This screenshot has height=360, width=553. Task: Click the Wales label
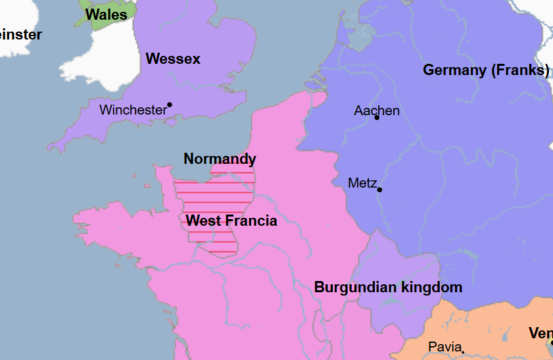[106, 14]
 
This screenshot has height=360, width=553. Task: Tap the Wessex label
[173, 59]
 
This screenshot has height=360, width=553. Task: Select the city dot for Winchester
[170, 105]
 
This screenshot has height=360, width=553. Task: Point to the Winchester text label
[132, 110]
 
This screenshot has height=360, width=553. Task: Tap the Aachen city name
[377, 111]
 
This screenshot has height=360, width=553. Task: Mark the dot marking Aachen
[377, 118]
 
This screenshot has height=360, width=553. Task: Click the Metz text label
[362, 183]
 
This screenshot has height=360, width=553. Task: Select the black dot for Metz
[379, 190]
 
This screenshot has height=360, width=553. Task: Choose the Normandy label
[220, 159]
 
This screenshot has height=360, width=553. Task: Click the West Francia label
[231, 220]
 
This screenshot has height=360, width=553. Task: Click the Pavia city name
[445, 346]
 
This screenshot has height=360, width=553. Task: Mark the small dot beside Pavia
[463, 352]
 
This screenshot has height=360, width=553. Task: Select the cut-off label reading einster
[20, 35]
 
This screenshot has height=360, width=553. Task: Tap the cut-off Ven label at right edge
[540, 334]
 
